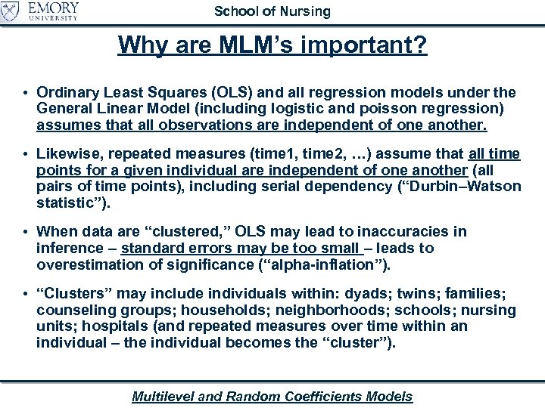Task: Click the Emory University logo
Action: point(41,13)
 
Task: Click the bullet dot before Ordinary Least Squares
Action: point(26,94)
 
